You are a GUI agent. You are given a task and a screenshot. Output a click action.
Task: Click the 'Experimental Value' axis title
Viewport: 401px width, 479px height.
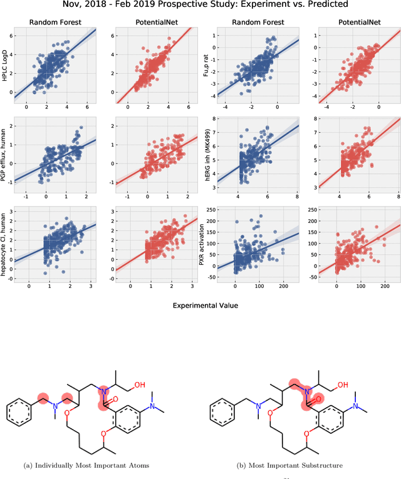point(200,305)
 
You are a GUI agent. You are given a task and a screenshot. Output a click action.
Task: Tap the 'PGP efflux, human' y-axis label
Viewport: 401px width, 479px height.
point(6,153)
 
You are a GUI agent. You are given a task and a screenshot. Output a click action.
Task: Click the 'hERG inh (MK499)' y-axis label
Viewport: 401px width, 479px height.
point(207,153)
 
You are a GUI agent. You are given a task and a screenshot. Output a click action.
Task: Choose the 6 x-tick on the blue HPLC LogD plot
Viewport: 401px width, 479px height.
point(86,106)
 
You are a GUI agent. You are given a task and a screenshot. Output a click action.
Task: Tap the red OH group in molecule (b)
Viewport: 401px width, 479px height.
point(343,368)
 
